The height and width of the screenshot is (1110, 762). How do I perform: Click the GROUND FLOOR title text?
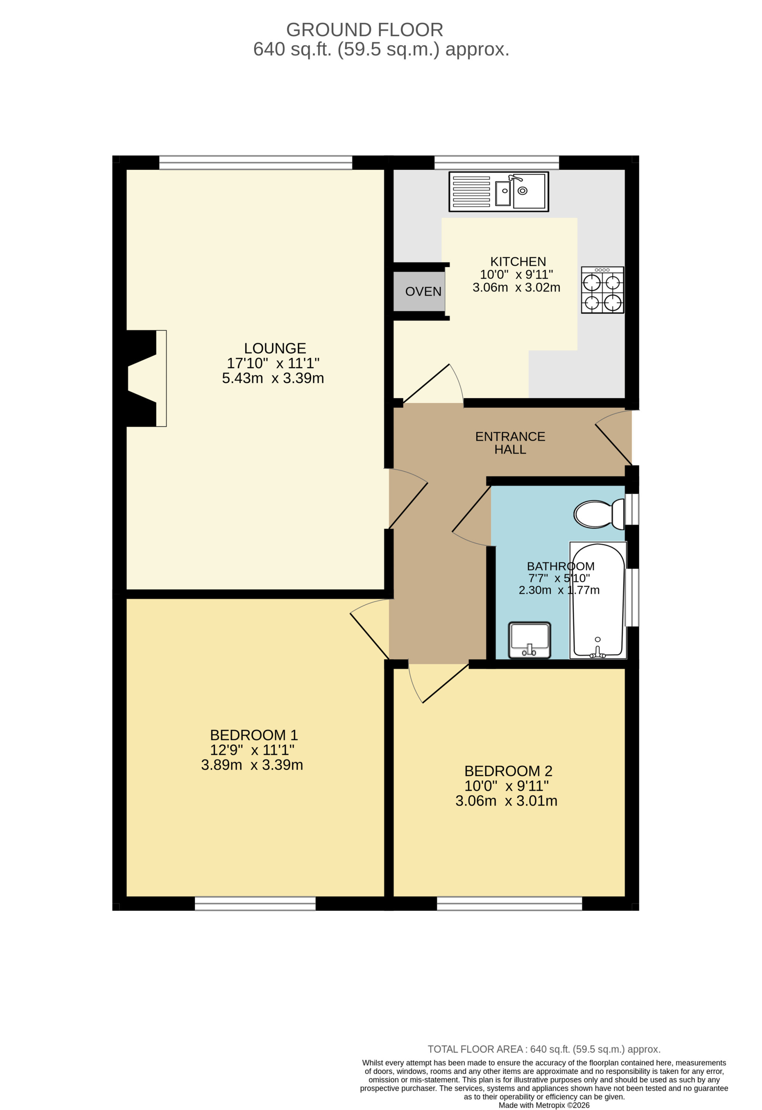pos(365,30)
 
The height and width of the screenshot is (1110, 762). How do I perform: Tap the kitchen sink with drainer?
pos(498,192)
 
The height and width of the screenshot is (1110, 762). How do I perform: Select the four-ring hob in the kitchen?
pos(602,290)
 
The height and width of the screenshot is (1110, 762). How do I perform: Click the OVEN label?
pos(423,291)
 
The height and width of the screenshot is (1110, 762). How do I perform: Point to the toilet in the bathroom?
pos(599,514)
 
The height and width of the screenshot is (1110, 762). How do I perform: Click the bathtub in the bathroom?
pos(598,600)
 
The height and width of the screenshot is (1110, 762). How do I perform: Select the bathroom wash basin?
pos(529,640)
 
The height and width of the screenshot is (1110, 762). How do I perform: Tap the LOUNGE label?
pos(275,348)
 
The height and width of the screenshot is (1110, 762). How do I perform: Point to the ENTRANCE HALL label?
pos(510,443)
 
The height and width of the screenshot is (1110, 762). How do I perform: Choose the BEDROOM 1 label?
pos(254,735)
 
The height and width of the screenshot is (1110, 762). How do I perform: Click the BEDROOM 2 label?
pos(508,771)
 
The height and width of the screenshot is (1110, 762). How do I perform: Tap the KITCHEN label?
pos(518,262)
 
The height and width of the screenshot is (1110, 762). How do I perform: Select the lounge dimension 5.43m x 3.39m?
pos(273,378)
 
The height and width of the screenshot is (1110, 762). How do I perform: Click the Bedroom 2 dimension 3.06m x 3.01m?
pos(506,801)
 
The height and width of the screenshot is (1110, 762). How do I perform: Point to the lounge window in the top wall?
pos(256,162)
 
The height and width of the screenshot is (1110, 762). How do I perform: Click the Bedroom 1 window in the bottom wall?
pos(255,903)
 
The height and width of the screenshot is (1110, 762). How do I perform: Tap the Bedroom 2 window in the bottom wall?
pos(509,903)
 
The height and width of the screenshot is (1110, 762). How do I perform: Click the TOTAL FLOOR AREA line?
pos(544,1049)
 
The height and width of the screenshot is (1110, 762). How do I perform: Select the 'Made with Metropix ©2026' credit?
pos(544,1105)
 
